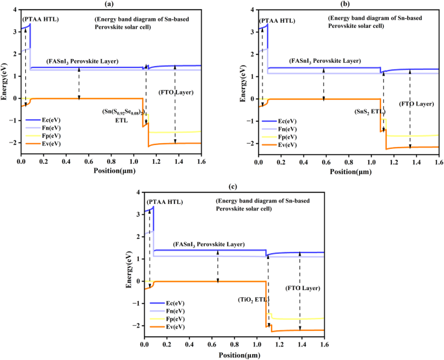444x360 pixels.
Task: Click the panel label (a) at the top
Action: click(111, 5)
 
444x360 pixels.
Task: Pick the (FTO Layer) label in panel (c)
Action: click(303, 287)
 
